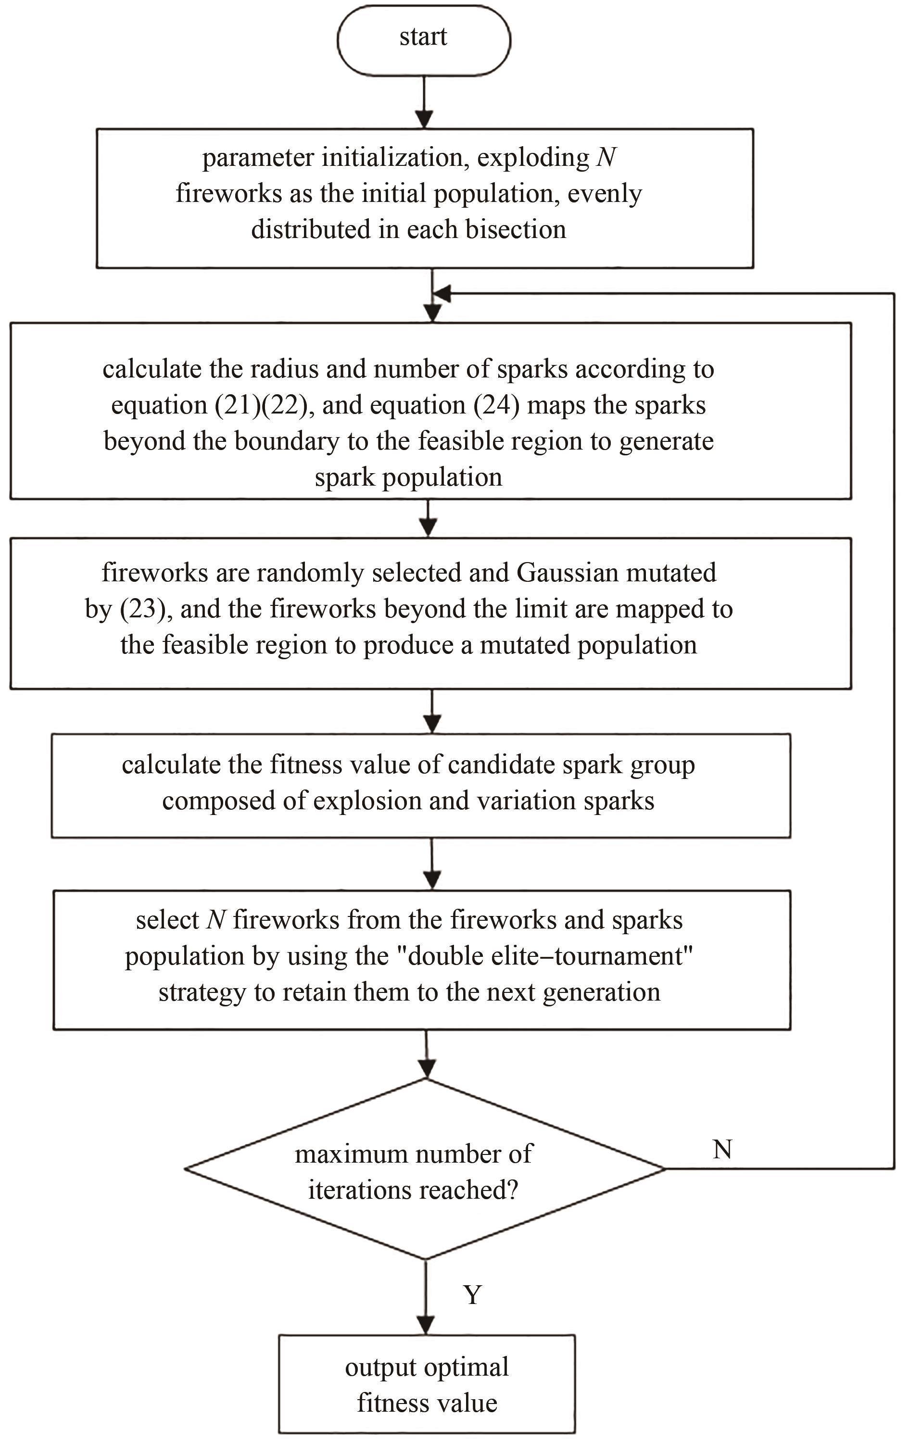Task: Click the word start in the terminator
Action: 423,37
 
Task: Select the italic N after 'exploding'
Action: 606,158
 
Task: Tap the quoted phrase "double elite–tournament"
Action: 550,956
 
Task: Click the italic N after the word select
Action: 215,920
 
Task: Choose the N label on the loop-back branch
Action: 722,1149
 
